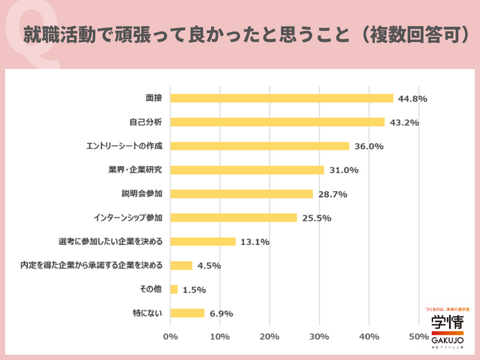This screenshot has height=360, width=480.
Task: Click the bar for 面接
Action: (281, 98)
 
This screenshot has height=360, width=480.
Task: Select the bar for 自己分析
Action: (278, 122)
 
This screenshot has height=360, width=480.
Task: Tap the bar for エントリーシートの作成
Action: (259, 146)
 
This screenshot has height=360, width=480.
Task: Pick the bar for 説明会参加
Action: (241, 193)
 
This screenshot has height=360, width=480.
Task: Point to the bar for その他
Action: (174, 289)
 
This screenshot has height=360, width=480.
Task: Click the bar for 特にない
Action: (188, 313)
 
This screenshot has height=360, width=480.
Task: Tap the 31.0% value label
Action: (343, 170)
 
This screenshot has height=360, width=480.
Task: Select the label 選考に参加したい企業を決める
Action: (110, 241)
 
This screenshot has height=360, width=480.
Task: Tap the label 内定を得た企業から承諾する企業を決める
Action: (92, 266)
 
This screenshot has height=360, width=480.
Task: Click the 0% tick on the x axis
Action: (171, 336)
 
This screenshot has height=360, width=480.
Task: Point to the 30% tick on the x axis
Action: (320, 336)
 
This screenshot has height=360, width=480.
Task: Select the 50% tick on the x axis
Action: (419, 336)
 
